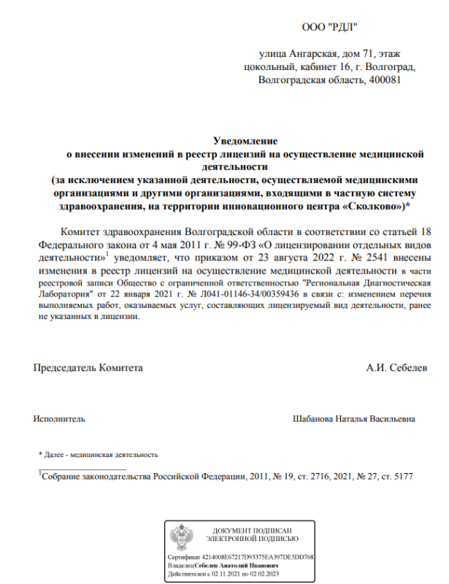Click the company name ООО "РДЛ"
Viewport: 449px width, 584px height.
329,28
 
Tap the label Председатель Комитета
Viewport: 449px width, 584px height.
88,367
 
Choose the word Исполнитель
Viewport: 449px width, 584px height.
59,419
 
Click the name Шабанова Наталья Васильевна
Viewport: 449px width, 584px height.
353,419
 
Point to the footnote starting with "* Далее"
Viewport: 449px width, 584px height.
99,454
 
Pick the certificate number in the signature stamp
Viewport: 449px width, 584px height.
261,557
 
